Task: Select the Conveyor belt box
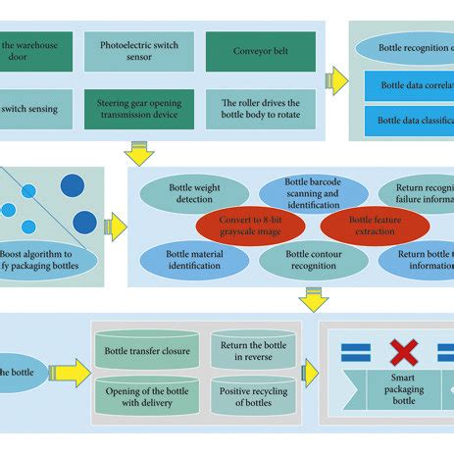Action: click(x=246, y=52)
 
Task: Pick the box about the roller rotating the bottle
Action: click(x=246, y=109)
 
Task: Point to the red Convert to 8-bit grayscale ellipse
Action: click(x=247, y=225)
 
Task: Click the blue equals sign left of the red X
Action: click(x=354, y=350)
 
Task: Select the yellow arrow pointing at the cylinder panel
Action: click(x=71, y=372)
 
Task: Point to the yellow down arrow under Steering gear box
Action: click(x=138, y=151)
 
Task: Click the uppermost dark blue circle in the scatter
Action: click(x=72, y=185)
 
